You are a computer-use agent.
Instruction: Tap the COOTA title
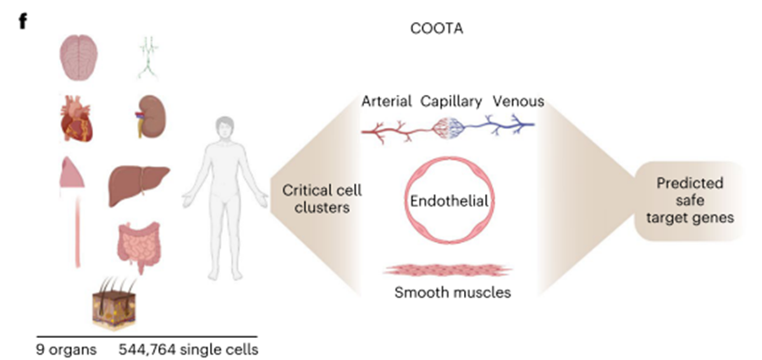436,29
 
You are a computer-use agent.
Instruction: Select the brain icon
80,58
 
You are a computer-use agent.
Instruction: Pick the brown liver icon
139,185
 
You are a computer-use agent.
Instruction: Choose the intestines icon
139,246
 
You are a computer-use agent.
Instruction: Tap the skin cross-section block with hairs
115,304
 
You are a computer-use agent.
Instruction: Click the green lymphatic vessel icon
148,58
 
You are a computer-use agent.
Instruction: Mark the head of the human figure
224,128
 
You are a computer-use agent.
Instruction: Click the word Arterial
386,102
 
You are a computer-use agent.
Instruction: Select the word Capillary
451,102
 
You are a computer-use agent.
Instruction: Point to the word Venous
518,102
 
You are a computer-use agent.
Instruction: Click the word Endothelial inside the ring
449,201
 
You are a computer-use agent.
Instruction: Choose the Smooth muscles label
452,292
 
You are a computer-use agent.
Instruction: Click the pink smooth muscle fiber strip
448,270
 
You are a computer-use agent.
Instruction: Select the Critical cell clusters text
323,198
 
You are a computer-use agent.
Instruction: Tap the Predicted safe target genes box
689,201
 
